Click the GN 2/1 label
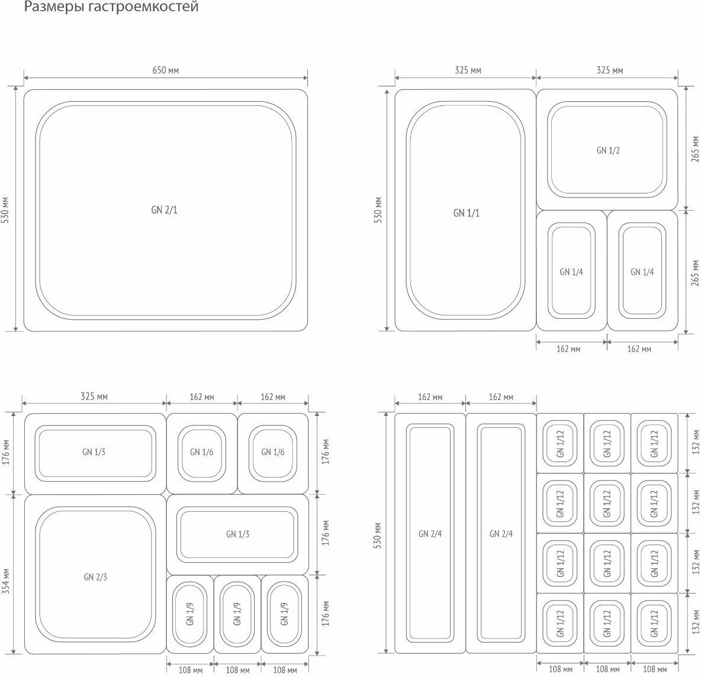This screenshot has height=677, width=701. [164, 210]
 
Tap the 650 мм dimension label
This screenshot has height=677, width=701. [165, 70]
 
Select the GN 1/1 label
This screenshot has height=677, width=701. [467, 213]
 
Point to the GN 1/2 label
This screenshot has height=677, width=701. [608, 150]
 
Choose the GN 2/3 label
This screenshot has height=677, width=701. [95, 577]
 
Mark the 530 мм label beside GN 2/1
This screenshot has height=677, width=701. [6, 210]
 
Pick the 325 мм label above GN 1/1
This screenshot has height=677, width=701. [468, 70]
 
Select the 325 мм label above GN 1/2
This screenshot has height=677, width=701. [610, 70]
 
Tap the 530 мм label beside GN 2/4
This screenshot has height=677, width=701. [378, 534]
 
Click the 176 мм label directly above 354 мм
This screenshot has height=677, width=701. [6, 452]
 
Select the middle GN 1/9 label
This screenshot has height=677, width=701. [237, 614]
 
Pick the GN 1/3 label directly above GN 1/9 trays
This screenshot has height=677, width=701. [237, 534]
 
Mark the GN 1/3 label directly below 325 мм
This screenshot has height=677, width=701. [94, 452]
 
